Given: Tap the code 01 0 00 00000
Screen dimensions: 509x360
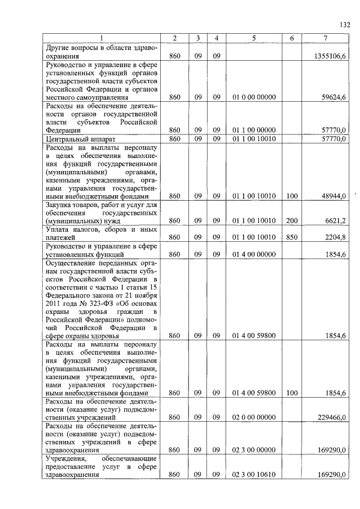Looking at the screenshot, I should click(x=254, y=97).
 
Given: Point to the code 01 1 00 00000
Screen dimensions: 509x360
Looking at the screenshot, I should click(x=254, y=130).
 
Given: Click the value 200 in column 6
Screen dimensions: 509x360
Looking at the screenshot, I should click(x=291, y=221).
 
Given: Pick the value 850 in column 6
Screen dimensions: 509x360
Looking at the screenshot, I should click(x=291, y=238).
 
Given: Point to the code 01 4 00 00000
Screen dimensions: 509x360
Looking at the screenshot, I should click(x=254, y=254).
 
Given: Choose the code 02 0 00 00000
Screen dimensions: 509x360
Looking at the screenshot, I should click(x=254, y=418).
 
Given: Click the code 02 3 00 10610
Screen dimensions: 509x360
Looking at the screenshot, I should click(x=254, y=475).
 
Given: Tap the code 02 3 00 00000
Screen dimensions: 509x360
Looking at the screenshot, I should click(x=254, y=450).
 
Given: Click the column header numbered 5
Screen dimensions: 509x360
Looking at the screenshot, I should click(x=254, y=38).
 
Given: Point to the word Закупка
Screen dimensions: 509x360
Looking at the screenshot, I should click(x=60, y=205).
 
